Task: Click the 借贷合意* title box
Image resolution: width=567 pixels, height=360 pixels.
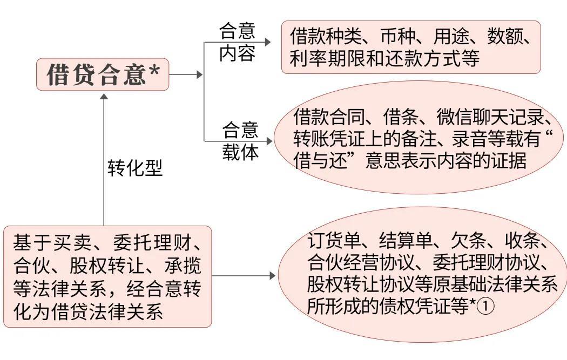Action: click(103, 75)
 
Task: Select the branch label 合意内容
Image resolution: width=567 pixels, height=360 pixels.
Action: click(237, 42)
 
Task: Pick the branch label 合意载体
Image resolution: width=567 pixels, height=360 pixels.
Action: click(240, 141)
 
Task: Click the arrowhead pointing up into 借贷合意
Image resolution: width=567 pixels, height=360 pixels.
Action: click(104, 97)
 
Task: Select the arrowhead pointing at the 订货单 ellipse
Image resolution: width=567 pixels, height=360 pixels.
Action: click(272, 276)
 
